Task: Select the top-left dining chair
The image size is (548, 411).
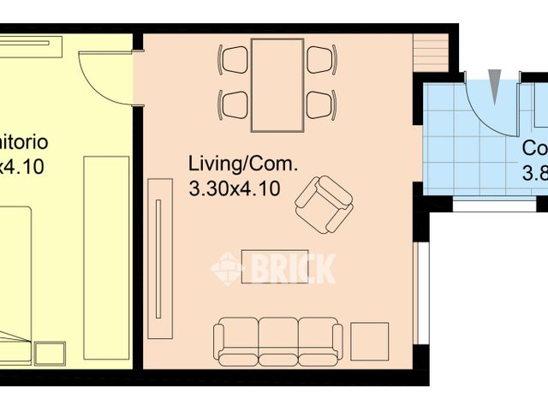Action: [x=234, y=60]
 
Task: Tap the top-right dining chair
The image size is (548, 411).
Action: [x=320, y=60]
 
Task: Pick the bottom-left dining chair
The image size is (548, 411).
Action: [x=234, y=104]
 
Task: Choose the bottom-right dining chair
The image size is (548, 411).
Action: [x=320, y=104]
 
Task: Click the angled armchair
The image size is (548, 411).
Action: [x=323, y=205]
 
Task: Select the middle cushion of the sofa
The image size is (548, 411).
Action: [x=277, y=339]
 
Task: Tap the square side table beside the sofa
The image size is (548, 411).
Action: [x=370, y=340]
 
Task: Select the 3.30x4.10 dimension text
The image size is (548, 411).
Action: [x=233, y=189]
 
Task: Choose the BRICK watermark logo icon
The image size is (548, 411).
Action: [x=227, y=268]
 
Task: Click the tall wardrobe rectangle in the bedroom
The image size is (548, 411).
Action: [x=105, y=257]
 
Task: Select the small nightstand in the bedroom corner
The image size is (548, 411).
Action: [x=50, y=352]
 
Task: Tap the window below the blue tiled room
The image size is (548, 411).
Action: [x=492, y=206]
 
